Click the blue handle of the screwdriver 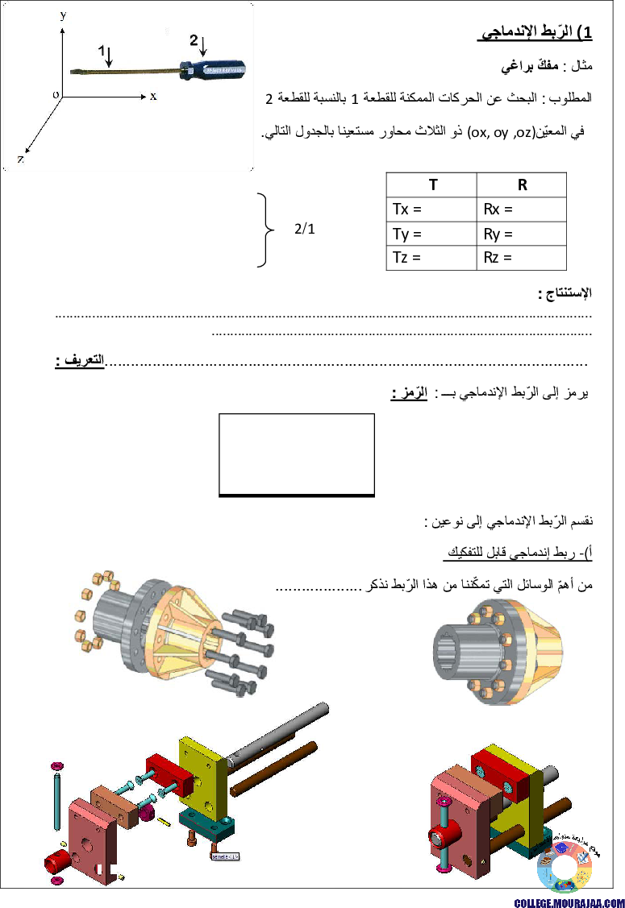213,69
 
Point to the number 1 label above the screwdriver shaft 102,51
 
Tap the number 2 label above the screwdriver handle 194,40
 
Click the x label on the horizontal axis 153,96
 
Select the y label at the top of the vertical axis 63,15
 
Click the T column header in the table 432,185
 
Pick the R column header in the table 522,185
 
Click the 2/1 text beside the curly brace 304,229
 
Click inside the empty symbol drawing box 296,454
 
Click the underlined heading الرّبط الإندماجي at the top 535,32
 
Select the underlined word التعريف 80,360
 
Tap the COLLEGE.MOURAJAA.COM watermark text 569,902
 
